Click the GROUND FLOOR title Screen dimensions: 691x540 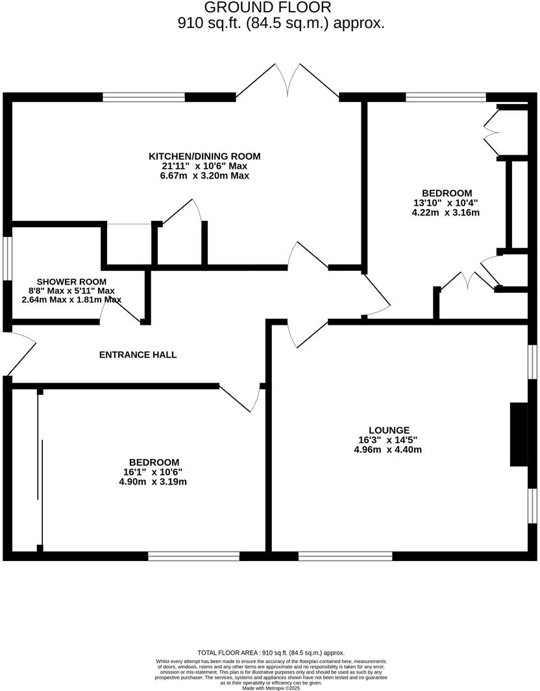(x=268, y=8)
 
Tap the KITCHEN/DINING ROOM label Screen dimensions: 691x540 (x=204, y=156)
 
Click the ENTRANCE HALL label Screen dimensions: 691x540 (x=138, y=355)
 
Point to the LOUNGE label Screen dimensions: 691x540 (x=389, y=430)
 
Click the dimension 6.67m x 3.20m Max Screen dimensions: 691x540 (x=204, y=175)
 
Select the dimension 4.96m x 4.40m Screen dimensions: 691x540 (x=389, y=449)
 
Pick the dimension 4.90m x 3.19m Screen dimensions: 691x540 (x=154, y=482)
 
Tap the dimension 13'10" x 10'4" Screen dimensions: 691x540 (x=446, y=203)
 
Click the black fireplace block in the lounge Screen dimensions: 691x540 (x=519, y=434)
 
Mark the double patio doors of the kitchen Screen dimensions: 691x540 (x=288, y=83)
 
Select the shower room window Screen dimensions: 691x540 (x=7, y=258)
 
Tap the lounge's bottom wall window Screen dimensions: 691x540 (x=345, y=556)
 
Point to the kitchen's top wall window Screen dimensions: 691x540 (x=143, y=97)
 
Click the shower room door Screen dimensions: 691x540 (x=121, y=311)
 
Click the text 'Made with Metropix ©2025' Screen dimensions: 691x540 (x=271, y=688)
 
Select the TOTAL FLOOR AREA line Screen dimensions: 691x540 (x=271, y=653)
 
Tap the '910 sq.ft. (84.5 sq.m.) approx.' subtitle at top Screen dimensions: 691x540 (x=281, y=23)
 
